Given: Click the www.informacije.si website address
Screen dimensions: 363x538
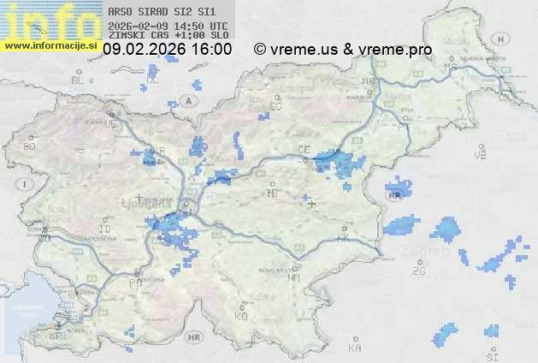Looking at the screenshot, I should tap(51, 45).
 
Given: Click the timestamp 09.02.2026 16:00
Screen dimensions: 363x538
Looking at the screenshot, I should tap(167, 50).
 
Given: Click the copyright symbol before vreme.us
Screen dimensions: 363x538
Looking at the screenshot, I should tap(260, 50).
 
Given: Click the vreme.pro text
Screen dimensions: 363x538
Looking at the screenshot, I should tap(399, 50).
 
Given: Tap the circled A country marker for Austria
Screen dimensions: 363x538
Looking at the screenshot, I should tap(190, 100).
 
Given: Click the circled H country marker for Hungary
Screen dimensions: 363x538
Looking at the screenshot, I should tap(505, 39).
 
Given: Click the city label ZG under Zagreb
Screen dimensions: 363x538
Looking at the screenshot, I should tap(418, 271).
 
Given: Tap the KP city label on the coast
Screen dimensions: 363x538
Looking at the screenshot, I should tap(56, 336).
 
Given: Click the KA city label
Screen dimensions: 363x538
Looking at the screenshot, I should tap(355, 348).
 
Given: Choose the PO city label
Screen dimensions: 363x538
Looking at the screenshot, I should tap(134, 283).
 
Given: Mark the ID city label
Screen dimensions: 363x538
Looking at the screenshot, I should tap(104, 229).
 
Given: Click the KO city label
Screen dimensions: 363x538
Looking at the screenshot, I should tap(241, 316).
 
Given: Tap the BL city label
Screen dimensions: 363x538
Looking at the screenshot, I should tap(79, 80).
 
